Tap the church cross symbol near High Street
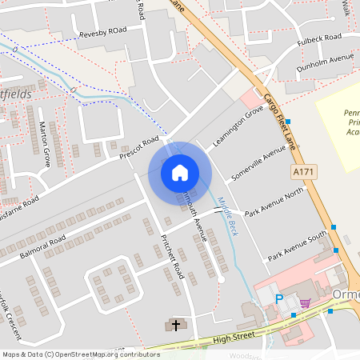tap(176, 325)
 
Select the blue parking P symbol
tap(279, 298)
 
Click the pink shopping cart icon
tap(305, 303)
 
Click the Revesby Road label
tap(103, 34)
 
